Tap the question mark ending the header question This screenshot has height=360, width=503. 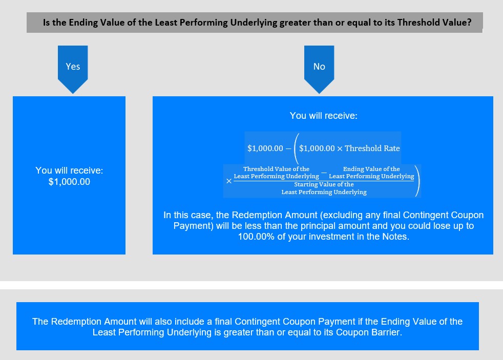(x=469, y=23)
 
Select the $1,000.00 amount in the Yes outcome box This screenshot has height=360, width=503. (x=69, y=182)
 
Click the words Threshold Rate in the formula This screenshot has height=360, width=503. (x=372, y=148)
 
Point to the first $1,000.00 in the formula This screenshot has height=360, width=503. (x=265, y=148)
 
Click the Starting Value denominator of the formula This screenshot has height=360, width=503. (x=324, y=188)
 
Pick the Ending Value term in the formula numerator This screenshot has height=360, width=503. (x=371, y=173)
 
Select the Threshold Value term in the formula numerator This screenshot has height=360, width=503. (x=276, y=173)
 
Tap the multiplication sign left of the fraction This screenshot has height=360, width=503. (x=229, y=181)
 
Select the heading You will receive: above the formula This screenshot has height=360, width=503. (x=323, y=115)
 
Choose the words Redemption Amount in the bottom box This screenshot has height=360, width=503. (x=94, y=322)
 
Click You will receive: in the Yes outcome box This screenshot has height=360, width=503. (x=69, y=170)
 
